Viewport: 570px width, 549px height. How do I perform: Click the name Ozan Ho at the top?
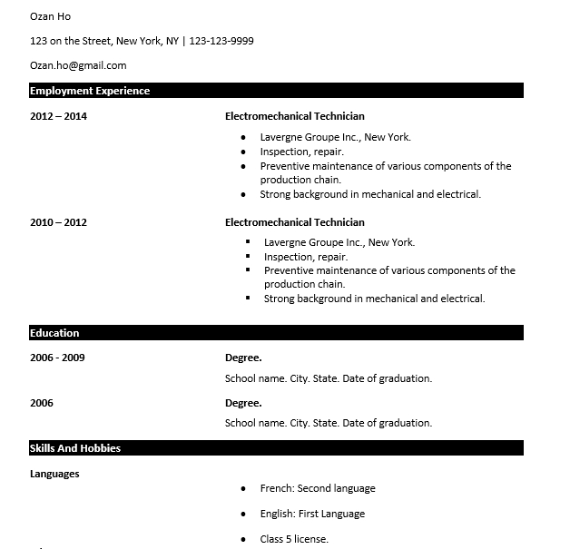[50, 16]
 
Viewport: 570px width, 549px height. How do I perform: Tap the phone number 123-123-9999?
[221, 41]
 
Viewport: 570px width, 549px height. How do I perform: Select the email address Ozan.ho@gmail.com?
[78, 65]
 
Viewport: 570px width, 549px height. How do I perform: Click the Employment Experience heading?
[90, 91]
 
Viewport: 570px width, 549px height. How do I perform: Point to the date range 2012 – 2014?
[58, 116]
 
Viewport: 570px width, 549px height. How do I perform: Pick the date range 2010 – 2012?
[58, 222]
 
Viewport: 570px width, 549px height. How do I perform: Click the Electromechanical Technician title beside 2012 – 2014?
[294, 116]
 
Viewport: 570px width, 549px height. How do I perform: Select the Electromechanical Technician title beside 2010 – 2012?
[294, 222]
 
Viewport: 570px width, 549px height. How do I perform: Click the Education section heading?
[54, 333]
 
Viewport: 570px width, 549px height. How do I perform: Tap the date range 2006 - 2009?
[57, 358]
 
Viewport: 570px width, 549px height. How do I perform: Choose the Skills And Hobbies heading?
[75, 448]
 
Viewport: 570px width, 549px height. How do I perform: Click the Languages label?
[54, 474]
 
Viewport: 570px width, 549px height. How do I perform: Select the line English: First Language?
[312, 514]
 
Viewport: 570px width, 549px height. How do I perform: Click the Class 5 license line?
[294, 539]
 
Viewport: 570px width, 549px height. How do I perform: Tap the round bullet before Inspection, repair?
[243, 152]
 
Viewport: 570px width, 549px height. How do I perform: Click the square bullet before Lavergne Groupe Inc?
[248, 242]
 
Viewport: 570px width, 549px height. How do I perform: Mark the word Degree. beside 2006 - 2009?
[243, 358]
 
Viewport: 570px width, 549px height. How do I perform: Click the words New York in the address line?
[139, 41]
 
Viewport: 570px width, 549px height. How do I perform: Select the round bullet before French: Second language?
[243, 488]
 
